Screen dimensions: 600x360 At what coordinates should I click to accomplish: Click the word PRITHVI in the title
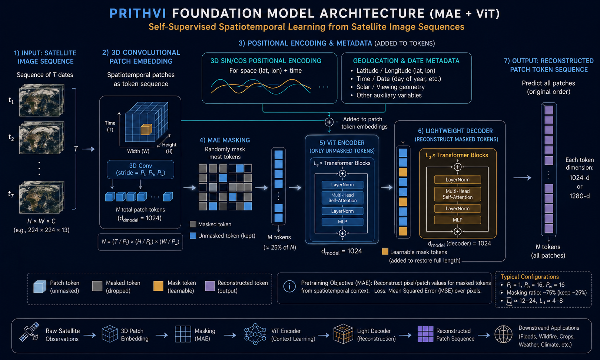[x=138, y=13]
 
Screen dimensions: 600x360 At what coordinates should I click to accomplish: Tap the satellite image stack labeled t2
[x=42, y=137]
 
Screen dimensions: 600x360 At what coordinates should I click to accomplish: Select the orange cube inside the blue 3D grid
[x=146, y=129]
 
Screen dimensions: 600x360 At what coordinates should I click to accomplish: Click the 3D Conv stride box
[x=140, y=169]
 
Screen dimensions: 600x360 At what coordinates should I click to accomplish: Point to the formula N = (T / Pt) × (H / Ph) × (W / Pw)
[x=140, y=242]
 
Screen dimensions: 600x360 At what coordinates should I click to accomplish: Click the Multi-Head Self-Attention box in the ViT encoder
[x=342, y=198]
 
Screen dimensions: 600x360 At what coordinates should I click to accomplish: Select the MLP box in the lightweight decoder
[x=457, y=220]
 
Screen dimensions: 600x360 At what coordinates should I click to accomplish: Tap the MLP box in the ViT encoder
[x=342, y=221]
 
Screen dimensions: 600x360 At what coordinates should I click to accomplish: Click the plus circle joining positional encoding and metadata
[x=329, y=122]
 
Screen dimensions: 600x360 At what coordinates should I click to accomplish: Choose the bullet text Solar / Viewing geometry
[x=390, y=87]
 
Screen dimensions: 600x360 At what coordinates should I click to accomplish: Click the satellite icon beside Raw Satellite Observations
[x=30, y=332]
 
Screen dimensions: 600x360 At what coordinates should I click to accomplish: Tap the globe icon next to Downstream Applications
[x=503, y=334]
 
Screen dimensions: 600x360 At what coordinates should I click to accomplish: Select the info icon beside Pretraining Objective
[x=289, y=286]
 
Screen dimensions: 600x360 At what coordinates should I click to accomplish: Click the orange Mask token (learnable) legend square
[x=158, y=286]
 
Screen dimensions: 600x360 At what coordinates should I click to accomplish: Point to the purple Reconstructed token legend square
[x=210, y=286]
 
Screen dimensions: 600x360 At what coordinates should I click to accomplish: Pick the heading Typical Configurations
[x=530, y=277]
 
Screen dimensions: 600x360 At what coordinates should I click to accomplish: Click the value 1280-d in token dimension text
[x=579, y=196]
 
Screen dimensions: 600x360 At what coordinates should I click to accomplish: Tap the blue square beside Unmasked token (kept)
[x=193, y=236]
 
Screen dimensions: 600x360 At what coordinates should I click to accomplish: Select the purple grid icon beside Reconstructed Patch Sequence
[x=425, y=334]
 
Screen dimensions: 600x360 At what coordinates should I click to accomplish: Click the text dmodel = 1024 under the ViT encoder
[x=342, y=251]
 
